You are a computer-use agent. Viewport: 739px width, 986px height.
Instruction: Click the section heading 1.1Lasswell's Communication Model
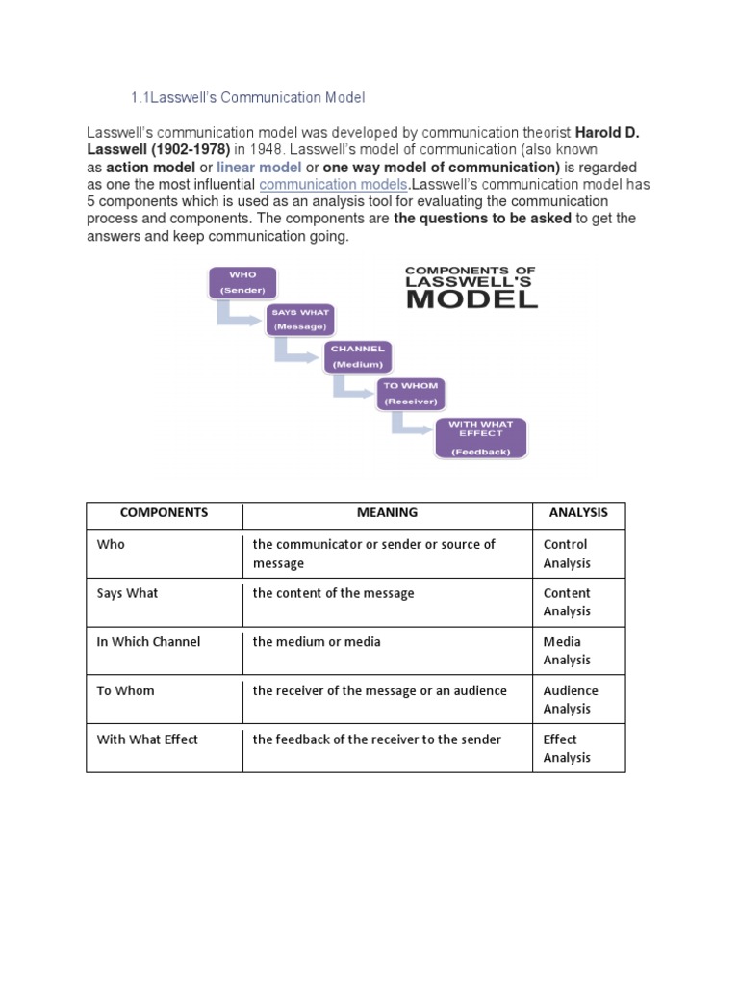pyautogui.click(x=247, y=98)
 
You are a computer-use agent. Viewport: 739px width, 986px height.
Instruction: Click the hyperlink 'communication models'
pyautogui.click(x=333, y=184)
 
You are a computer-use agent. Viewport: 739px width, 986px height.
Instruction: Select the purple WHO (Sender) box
pyautogui.click(x=242, y=282)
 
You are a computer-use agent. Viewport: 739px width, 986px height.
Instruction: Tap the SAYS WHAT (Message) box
pyautogui.click(x=300, y=320)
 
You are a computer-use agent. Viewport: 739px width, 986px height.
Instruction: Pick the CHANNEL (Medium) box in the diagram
pyautogui.click(x=357, y=356)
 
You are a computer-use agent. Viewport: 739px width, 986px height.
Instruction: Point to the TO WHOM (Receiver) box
pyautogui.click(x=410, y=393)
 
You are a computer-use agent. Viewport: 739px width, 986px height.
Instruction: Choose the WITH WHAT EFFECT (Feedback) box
pyautogui.click(x=481, y=437)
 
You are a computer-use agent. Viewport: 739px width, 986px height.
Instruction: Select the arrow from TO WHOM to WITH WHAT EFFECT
pyautogui.click(x=409, y=425)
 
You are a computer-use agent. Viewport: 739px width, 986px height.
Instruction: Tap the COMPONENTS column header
pyautogui.click(x=165, y=513)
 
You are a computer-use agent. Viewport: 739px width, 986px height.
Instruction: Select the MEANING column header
pyautogui.click(x=387, y=513)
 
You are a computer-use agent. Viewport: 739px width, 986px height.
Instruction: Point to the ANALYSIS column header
pyautogui.click(x=578, y=513)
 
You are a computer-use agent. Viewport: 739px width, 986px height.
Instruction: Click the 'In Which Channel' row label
pyautogui.click(x=149, y=642)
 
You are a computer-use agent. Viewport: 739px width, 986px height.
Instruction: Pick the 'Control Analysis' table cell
pyautogui.click(x=567, y=554)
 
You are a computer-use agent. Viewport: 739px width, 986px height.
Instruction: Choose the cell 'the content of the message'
pyautogui.click(x=333, y=593)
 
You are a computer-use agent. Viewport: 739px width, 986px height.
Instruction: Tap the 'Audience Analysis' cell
pyautogui.click(x=571, y=699)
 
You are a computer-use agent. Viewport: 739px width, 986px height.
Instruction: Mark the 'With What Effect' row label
pyautogui.click(x=147, y=739)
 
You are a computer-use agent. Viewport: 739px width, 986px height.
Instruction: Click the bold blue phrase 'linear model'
pyautogui.click(x=259, y=168)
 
